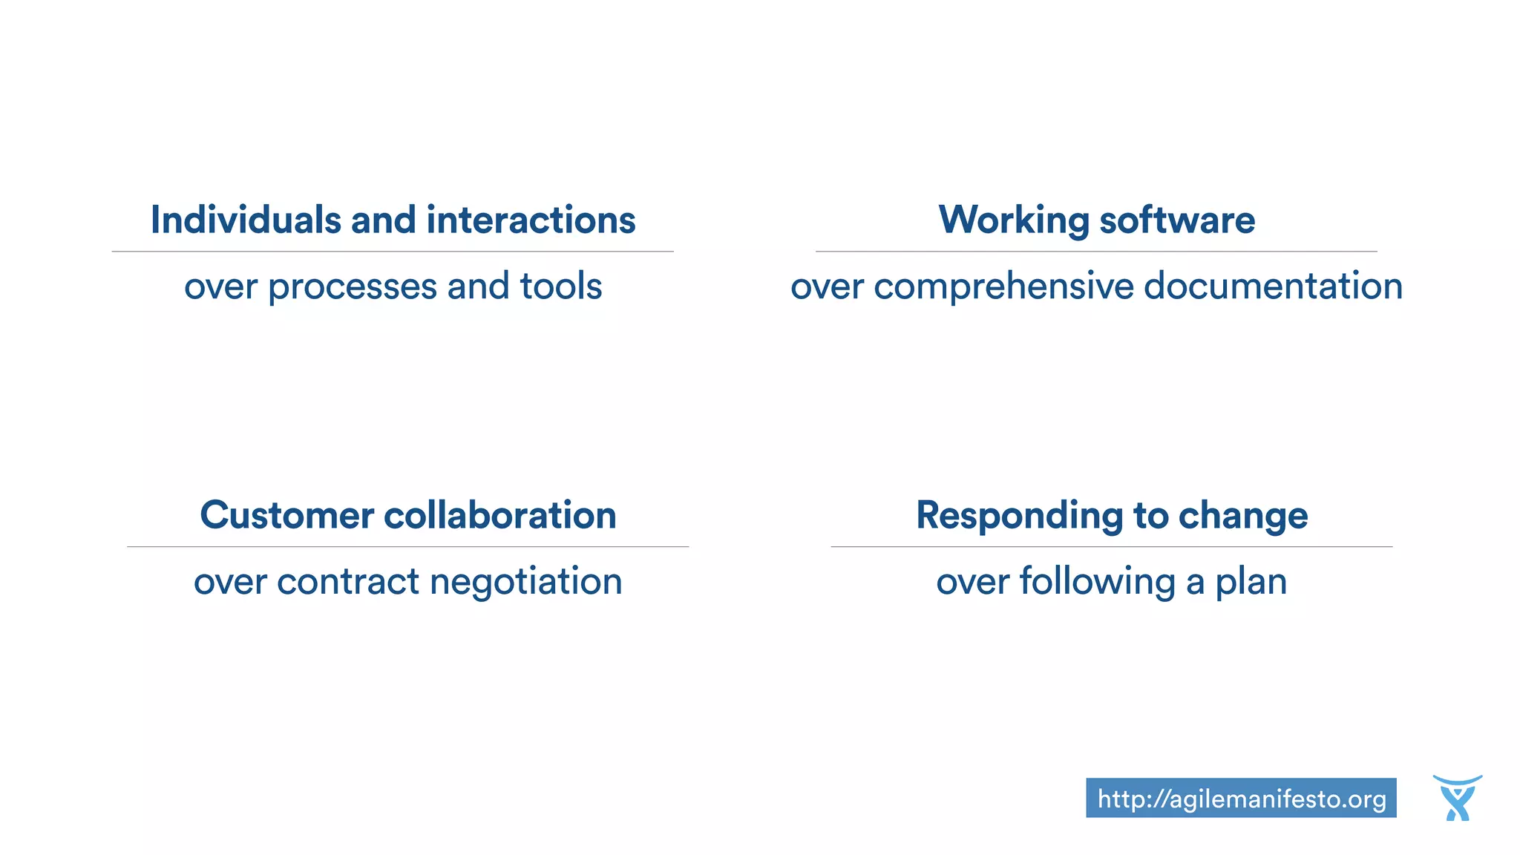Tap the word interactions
pyautogui.click(x=531, y=220)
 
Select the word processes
pyautogui.click(x=353, y=287)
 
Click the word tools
pyautogui.click(x=561, y=286)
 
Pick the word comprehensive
pyautogui.click(x=1004, y=287)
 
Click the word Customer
pyautogui.click(x=286, y=515)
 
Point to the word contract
pyautogui.click(x=349, y=581)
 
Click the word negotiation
pyautogui.click(x=526, y=582)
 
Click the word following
pyautogui.click(x=1098, y=582)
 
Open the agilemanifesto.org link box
pyautogui.click(x=1241, y=799)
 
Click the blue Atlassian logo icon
pyautogui.click(x=1458, y=799)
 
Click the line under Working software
pyautogui.click(x=1096, y=252)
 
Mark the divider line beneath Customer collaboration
pyautogui.click(x=407, y=547)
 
